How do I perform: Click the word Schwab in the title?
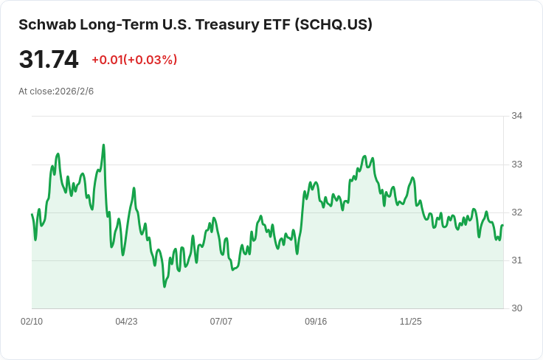pyautogui.click(x=47, y=24)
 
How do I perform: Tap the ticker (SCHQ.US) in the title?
pyautogui.click(x=333, y=24)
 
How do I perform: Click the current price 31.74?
pyautogui.click(x=49, y=60)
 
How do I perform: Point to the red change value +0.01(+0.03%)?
pyautogui.click(x=134, y=60)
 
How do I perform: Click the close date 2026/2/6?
pyautogui.click(x=74, y=91)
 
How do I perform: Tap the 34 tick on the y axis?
pyautogui.click(x=516, y=116)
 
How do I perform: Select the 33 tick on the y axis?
pyautogui.click(x=516, y=165)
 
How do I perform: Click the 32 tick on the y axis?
pyautogui.click(x=516, y=212)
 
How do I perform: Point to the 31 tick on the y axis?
pyautogui.click(x=516, y=260)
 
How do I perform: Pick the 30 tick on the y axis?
pyautogui.click(x=516, y=308)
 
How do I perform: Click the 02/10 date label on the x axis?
pyautogui.click(x=32, y=322)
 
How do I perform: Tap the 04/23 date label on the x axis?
pyautogui.click(x=126, y=322)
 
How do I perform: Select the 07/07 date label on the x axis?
pyautogui.click(x=221, y=322)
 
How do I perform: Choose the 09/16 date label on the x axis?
pyautogui.click(x=316, y=322)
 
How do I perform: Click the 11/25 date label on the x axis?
pyautogui.click(x=411, y=322)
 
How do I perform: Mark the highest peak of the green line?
pyautogui.click(x=103, y=145)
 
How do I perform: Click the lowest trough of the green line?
pyautogui.click(x=165, y=287)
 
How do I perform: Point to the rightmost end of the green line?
pyautogui.click(x=503, y=225)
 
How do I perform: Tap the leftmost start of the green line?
pyautogui.click(x=32, y=214)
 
